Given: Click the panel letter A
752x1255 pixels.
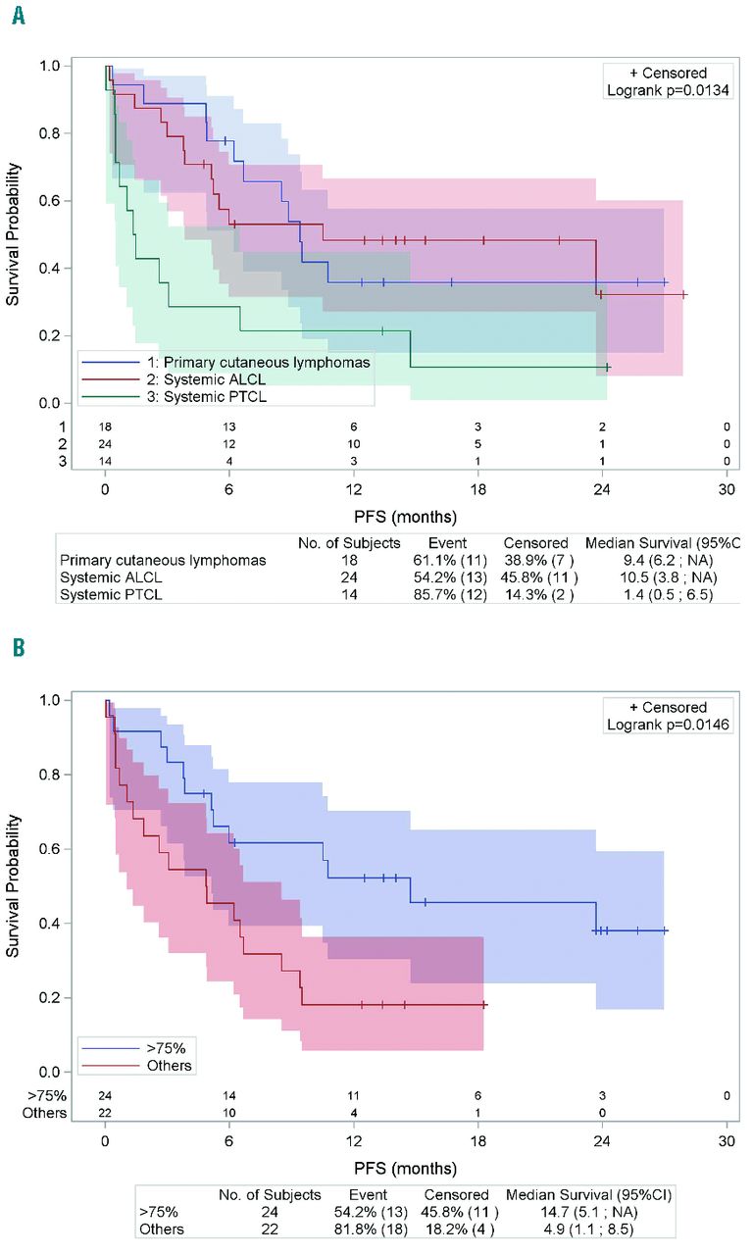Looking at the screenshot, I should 18,17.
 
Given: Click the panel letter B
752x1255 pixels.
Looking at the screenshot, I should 18,649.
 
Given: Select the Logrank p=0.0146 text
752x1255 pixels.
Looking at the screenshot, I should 668,725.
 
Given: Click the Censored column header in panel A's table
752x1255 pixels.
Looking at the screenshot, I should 535,542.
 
